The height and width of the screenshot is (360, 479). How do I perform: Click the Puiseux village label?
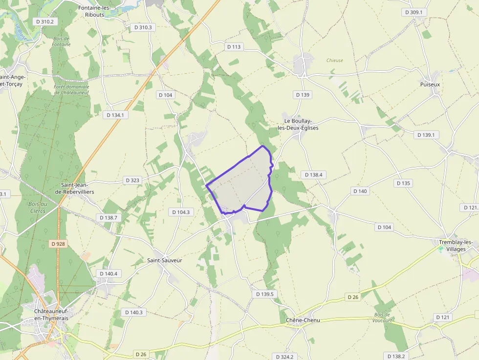430,85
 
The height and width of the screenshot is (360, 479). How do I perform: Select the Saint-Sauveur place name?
165,260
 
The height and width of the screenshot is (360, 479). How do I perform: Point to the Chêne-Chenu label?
303,320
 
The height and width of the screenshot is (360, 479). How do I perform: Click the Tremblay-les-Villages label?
456,246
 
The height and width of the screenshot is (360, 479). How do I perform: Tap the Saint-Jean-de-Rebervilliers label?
75,189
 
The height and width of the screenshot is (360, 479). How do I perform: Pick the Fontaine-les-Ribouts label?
95,11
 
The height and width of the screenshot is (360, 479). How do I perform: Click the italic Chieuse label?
335,61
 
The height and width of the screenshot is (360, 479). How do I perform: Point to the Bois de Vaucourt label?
383,318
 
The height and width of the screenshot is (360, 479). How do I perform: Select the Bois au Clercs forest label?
37,207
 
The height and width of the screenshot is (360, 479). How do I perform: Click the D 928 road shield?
58,243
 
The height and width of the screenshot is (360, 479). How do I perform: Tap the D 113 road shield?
234,47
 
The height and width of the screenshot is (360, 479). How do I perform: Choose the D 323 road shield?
132,180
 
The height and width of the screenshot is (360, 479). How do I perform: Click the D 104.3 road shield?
181,212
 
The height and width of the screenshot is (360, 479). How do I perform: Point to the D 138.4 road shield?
313,174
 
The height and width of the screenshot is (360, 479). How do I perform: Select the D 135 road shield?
404,183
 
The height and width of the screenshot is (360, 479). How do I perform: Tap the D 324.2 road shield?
284,357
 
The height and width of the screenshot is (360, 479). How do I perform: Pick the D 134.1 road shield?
116,115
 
